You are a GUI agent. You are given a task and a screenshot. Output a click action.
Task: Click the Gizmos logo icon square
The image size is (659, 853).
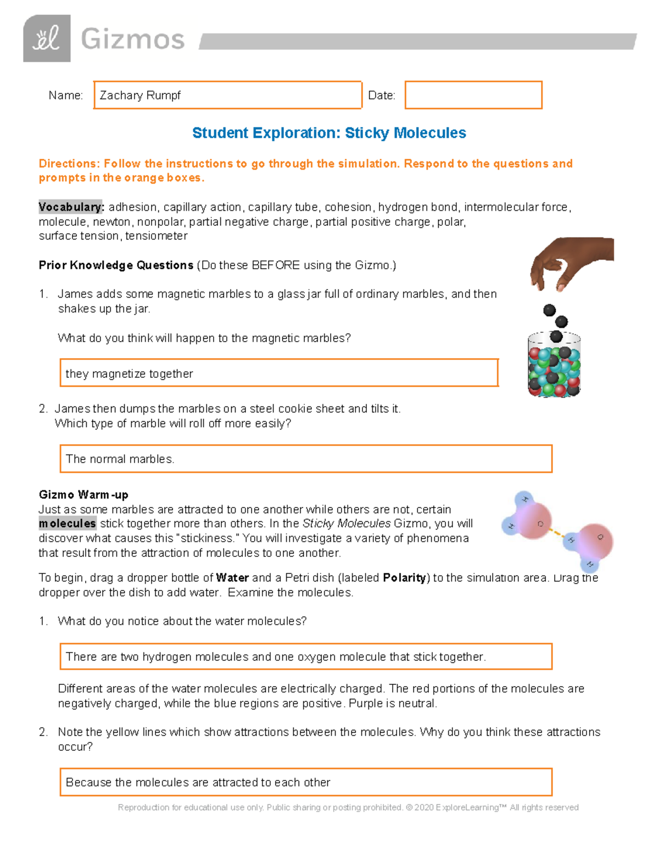(x=47, y=38)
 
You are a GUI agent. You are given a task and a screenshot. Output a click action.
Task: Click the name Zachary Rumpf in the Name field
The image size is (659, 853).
(x=140, y=96)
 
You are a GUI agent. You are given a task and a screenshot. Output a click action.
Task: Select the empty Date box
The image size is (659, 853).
(x=473, y=95)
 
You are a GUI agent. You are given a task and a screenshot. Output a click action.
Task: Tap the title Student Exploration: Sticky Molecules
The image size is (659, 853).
(x=329, y=133)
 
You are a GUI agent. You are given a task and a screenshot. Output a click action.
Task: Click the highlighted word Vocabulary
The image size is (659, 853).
(x=70, y=207)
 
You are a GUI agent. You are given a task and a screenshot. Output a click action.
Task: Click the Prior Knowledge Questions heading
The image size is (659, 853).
(x=116, y=265)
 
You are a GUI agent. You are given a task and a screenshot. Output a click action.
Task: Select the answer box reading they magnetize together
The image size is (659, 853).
(x=278, y=373)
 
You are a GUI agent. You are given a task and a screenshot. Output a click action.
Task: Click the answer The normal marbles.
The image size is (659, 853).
(x=120, y=459)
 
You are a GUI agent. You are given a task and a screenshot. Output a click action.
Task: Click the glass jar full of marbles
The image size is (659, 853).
(x=554, y=365)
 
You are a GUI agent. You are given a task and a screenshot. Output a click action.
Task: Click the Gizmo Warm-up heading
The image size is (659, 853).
(x=83, y=495)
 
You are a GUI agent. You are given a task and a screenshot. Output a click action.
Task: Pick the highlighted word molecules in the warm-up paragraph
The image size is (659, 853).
(x=68, y=524)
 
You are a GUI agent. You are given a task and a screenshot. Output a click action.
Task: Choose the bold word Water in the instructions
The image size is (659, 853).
(x=232, y=578)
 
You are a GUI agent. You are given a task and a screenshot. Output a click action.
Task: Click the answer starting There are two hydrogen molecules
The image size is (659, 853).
(x=276, y=657)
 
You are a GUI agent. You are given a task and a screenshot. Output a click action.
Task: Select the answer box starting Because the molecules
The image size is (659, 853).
(x=305, y=782)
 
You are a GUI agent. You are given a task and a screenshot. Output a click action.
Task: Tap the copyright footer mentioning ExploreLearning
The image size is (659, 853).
(x=348, y=807)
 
